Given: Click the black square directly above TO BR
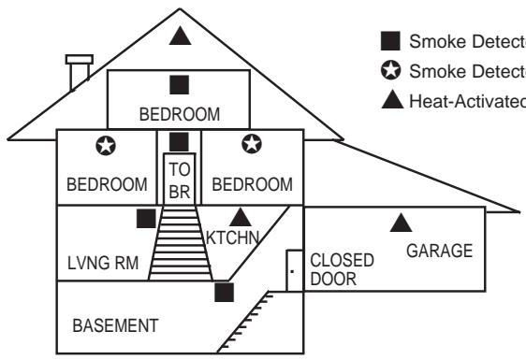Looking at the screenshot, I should pos(180,141).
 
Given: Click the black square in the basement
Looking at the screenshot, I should pos(223,292).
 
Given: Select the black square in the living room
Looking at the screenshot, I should pos(145,219).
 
